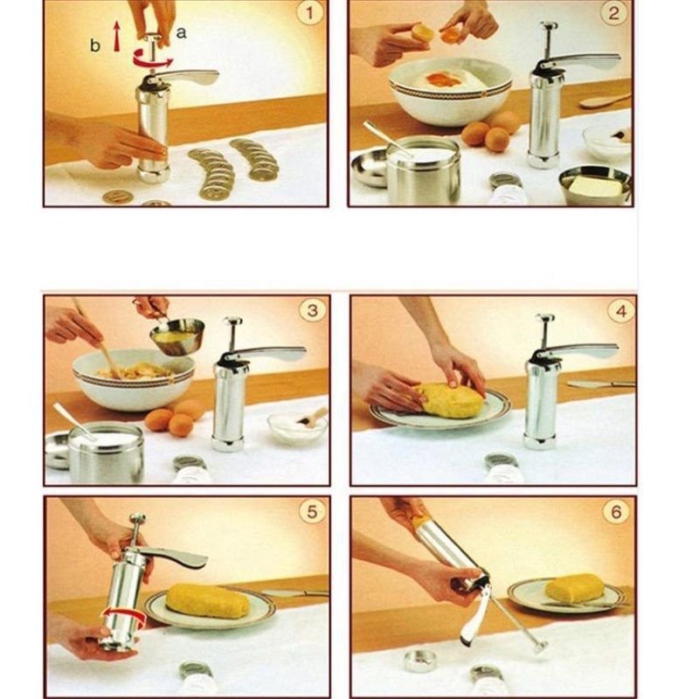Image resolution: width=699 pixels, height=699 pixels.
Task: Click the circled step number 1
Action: pos(308,14)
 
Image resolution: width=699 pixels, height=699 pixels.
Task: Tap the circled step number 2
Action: pos(614,14)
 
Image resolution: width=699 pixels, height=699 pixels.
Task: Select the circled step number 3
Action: pos(312,310)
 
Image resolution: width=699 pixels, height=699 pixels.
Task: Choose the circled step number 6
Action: pos(617,512)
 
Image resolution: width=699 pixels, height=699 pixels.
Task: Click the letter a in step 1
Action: pos(182,32)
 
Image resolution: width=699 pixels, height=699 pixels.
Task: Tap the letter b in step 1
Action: pos(94,45)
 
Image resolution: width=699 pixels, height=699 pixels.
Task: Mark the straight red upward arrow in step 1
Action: pos(116,37)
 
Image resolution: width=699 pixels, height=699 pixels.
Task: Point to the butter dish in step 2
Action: pos(596,186)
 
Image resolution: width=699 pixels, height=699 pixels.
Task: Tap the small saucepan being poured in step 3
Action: pos(177,336)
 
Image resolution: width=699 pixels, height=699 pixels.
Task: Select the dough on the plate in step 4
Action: pos(449,400)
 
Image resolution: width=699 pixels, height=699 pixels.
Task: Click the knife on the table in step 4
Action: pos(599,384)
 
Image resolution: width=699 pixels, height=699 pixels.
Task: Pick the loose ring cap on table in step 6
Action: pos(419,660)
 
